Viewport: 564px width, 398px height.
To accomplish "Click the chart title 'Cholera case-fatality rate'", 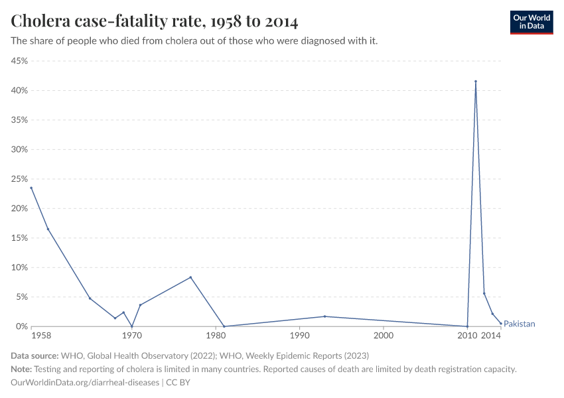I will coord(155,21).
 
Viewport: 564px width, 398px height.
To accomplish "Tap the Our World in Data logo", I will coord(531,22).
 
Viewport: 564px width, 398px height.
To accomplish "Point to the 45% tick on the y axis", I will coord(19,61).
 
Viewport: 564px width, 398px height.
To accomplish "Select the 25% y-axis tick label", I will coord(19,179).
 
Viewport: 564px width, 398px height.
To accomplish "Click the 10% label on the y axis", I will coord(19,267).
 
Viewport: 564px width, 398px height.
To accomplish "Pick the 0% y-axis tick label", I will coord(22,326).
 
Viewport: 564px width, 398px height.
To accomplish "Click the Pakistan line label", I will coord(519,324).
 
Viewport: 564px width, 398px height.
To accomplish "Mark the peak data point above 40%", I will coord(476,82).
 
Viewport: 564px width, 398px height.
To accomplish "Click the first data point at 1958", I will coord(31,188).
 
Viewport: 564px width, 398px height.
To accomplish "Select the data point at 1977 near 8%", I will coord(190,277).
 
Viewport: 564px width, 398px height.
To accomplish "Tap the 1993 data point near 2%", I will coord(324,316).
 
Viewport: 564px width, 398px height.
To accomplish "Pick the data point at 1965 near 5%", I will coord(90,298).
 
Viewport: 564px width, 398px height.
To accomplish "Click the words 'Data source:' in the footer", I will coord(35,356).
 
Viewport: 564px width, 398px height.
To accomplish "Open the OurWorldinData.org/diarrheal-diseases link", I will coord(85,383).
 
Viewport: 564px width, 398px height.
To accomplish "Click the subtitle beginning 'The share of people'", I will coord(194,41).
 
